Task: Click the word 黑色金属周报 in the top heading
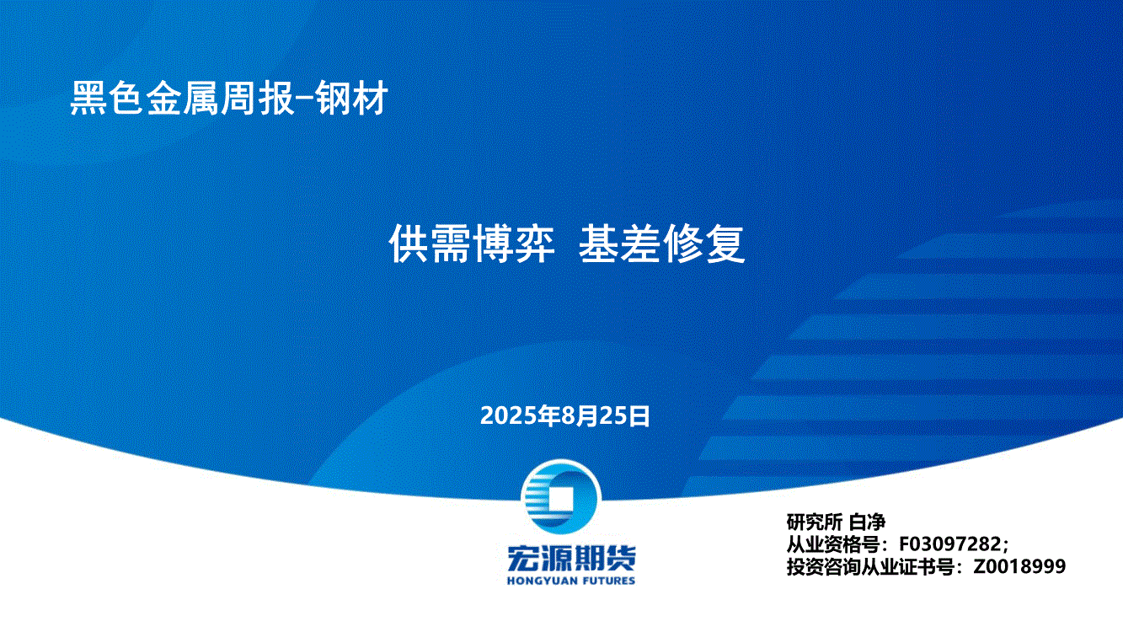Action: (182, 98)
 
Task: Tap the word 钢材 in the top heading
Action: (352, 98)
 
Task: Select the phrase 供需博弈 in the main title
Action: (472, 244)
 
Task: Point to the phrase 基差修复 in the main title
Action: (662, 244)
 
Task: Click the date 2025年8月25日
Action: (565, 415)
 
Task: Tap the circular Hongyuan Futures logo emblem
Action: (561, 497)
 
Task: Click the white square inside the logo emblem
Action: (560, 499)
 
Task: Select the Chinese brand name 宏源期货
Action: (571, 558)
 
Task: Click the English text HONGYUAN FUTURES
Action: (571, 581)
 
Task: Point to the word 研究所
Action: (814, 522)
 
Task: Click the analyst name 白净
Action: (868, 522)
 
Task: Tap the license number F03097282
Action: (949, 544)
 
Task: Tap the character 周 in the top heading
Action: (238, 98)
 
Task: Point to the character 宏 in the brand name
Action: (521, 558)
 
